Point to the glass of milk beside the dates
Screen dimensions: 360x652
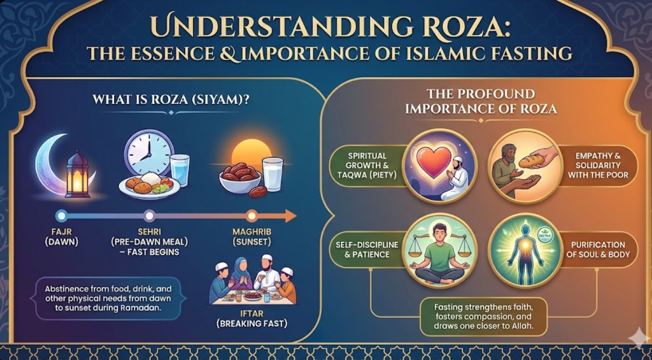pyautogui.click(x=272, y=174)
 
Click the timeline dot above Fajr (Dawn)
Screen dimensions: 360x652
pyautogui.click(x=61, y=215)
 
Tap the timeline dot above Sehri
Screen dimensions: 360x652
pyautogui.click(x=149, y=215)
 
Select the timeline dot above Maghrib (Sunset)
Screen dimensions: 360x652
pyautogui.click(x=252, y=215)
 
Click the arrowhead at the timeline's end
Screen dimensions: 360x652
pyautogui.click(x=290, y=215)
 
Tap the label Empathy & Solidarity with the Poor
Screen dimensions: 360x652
pyautogui.click(x=598, y=165)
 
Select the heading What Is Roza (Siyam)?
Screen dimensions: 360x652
pyautogui.click(x=170, y=101)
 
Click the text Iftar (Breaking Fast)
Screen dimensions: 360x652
pyautogui.click(x=252, y=318)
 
